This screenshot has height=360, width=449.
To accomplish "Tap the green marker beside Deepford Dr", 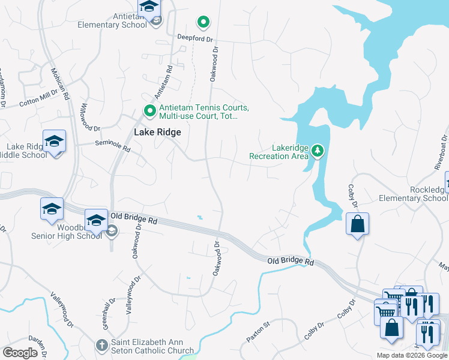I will [203, 23].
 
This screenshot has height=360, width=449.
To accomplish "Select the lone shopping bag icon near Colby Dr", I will [357, 224].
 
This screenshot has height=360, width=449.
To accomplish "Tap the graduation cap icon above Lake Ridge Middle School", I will [54, 142].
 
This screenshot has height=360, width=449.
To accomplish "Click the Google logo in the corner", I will [20, 353].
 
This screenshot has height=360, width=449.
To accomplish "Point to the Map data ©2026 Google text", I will [412, 355].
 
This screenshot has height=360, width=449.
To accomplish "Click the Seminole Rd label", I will [112, 146].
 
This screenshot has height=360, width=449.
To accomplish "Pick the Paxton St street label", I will [259, 331].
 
